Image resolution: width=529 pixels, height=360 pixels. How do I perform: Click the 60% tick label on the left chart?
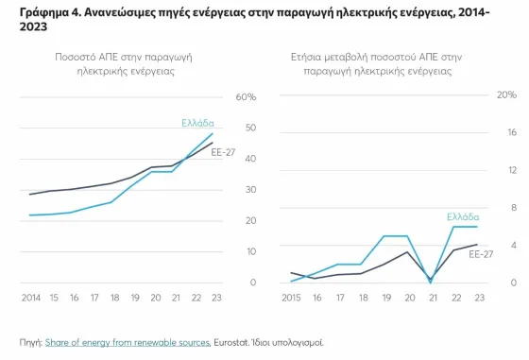[247, 97]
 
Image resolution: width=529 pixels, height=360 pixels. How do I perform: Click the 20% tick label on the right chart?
[505, 95]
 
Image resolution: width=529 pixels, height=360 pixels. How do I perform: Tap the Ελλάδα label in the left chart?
[197, 123]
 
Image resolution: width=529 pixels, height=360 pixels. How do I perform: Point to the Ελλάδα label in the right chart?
[462, 216]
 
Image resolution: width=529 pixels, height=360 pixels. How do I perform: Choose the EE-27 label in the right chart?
[481, 253]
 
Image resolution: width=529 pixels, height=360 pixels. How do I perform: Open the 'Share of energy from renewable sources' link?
[127, 341]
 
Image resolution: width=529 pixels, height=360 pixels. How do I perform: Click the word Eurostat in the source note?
[235, 341]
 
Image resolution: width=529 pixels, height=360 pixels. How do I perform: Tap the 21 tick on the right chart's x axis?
[431, 298]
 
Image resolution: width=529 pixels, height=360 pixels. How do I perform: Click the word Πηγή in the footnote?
[29, 341]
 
